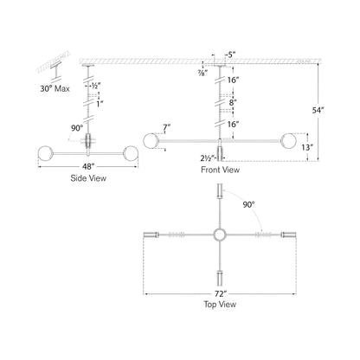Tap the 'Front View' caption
point(219,170)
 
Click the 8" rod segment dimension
point(231,101)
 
